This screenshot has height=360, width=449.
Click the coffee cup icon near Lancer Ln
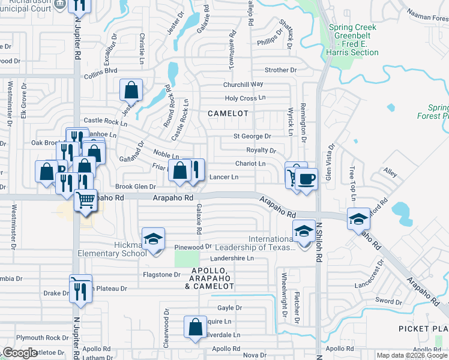click(306, 179)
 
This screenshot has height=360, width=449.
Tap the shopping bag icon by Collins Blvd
click(131, 90)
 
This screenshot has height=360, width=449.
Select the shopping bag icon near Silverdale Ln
click(195, 328)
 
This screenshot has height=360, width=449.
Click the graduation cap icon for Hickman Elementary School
click(153, 239)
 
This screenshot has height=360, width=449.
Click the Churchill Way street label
click(243, 85)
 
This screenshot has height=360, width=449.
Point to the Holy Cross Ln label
click(244, 98)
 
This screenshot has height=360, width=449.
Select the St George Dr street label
click(252, 136)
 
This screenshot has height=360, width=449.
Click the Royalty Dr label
click(261, 150)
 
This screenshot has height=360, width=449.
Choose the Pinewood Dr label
click(193, 247)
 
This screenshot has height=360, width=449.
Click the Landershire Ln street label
click(232, 259)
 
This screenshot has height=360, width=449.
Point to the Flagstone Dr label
click(161, 275)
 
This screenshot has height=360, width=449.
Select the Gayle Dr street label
click(229, 308)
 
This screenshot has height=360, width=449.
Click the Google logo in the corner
click(20, 353)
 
